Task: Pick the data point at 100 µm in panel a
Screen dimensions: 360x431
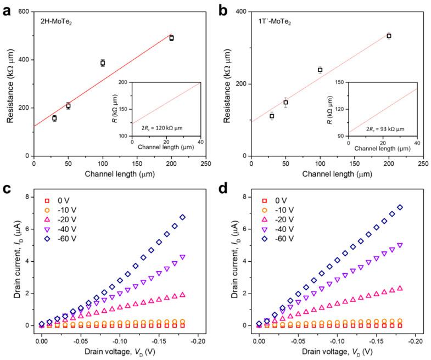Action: (x=103, y=63)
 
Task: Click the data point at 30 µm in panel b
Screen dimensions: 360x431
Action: (x=272, y=116)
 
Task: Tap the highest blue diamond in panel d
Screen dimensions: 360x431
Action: (x=399, y=207)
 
